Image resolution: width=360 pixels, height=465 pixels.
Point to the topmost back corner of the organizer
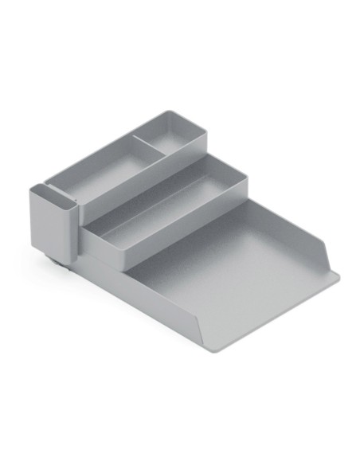170,111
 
